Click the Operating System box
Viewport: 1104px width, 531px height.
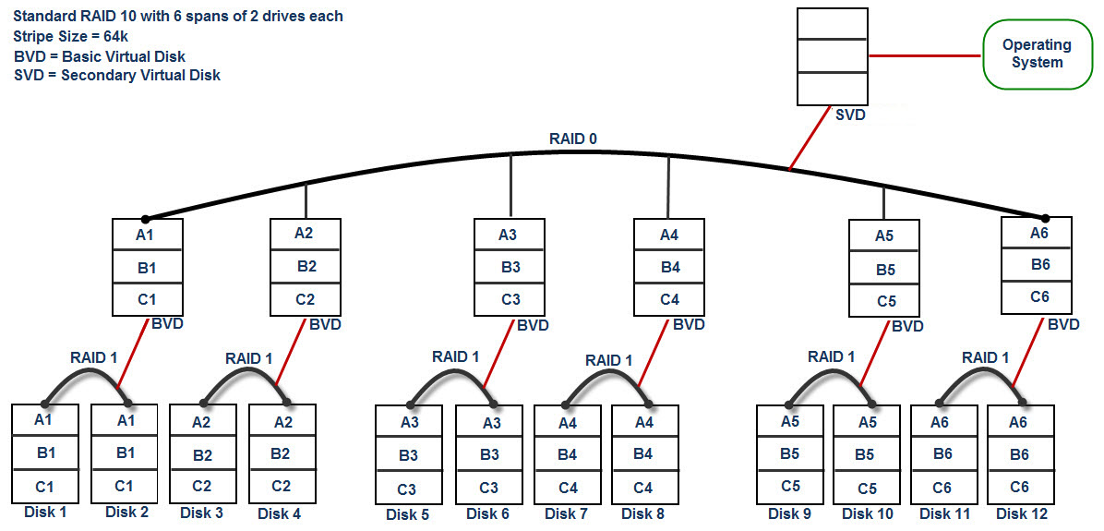tap(1037, 54)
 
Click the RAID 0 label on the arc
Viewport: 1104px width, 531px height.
tap(573, 139)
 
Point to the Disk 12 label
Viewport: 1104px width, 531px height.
tap(1022, 513)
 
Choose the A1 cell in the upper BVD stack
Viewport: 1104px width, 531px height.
tap(147, 235)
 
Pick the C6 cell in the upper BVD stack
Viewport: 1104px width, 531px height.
tap(1038, 297)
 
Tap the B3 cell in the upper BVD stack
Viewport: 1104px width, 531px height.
tap(510, 268)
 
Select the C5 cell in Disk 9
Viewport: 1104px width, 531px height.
tap(790, 486)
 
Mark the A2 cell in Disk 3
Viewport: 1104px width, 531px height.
tap(203, 422)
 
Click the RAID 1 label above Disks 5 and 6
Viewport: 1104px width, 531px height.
tap(455, 356)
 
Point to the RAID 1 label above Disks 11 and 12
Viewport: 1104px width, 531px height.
tap(985, 357)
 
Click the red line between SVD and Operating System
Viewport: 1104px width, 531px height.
tap(923, 55)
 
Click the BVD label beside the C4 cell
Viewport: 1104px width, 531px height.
tap(689, 325)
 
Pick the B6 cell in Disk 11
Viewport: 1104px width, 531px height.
tap(943, 454)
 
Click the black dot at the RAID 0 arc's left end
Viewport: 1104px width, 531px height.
tap(146, 219)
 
